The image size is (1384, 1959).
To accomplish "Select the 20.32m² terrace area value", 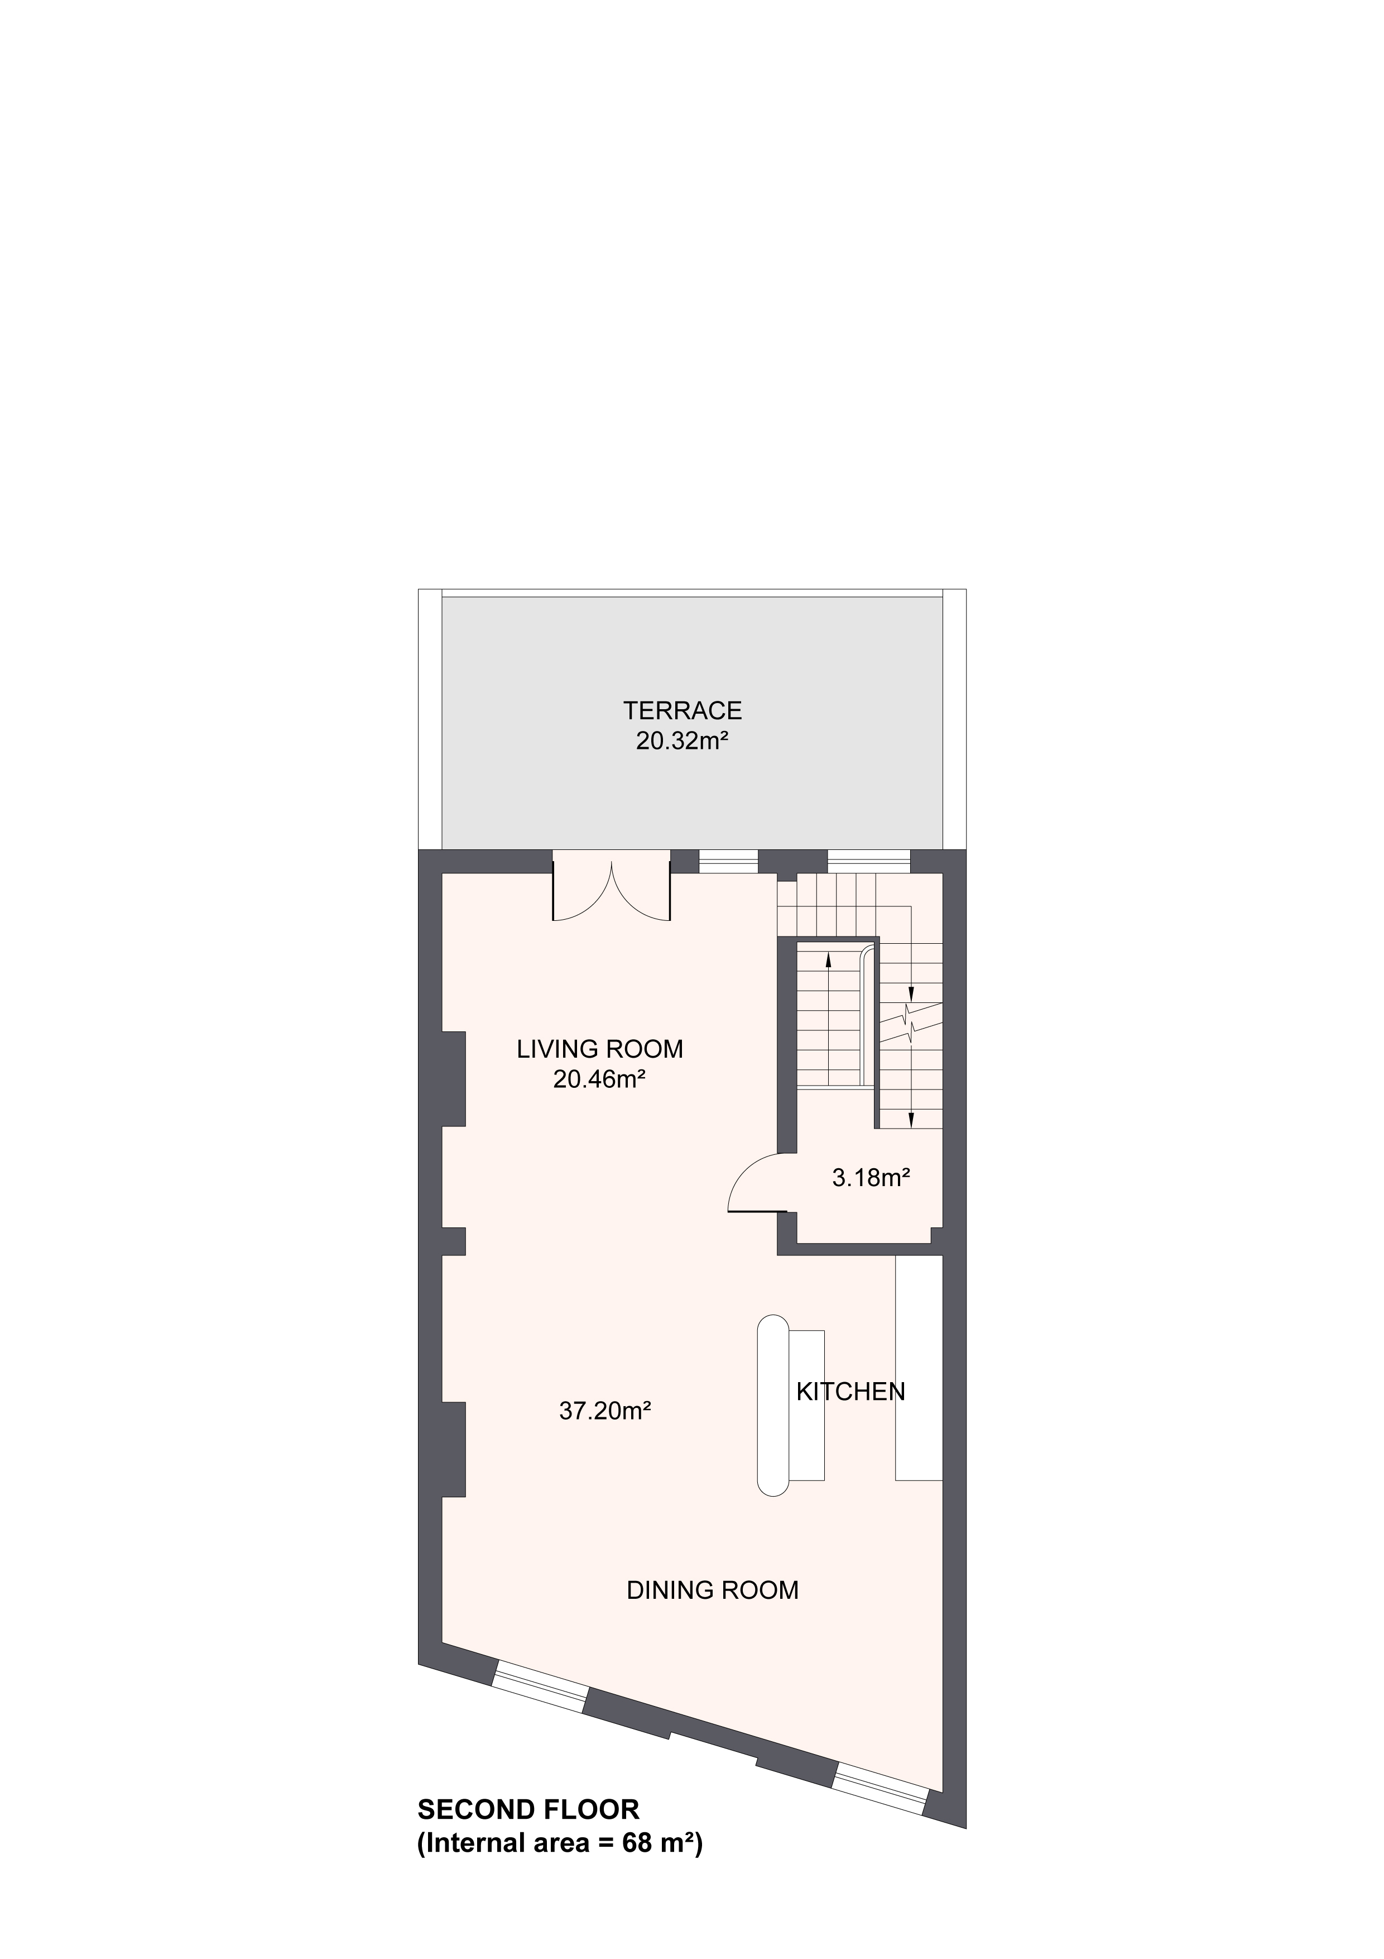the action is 682,740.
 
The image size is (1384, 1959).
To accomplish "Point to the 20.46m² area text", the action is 599,1079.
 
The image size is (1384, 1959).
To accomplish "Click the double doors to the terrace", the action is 612,887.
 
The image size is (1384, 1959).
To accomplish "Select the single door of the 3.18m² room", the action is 757,1183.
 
